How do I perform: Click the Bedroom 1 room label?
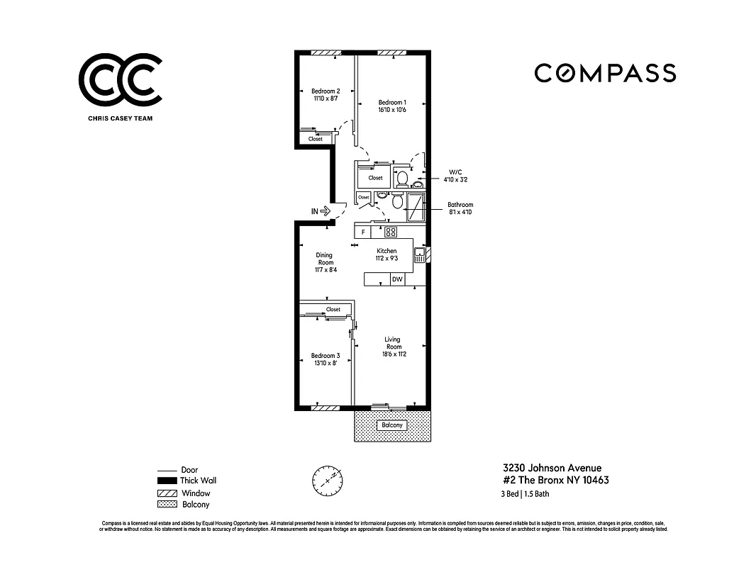pyautogui.click(x=391, y=102)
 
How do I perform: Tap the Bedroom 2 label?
pyautogui.click(x=326, y=91)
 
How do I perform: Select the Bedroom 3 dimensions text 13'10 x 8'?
pyautogui.click(x=326, y=363)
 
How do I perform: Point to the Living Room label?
pyautogui.click(x=393, y=343)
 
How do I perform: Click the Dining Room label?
pyautogui.click(x=325, y=259)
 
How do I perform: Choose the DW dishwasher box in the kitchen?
pyautogui.click(x=398, y=279)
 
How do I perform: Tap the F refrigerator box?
pyautogui.click(x=362, y=232)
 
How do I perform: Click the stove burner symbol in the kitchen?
pyautogui.click(x=391, y=232)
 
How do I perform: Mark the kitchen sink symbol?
pyautogui.click(x=419, y=255)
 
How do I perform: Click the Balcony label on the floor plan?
pyautogui.click(x=391, y=425)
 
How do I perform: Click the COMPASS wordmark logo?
pyautogui.click(x=605, y=73)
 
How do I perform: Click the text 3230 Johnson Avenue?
pyautogui.click(x=552, y=468)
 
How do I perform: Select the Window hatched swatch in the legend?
pyautogui.click(x=167, y=493)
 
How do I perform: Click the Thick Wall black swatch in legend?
pyautogui.click(x=167, y=481)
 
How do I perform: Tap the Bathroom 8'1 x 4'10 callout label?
pyautogui.click(x=460, y=208)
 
